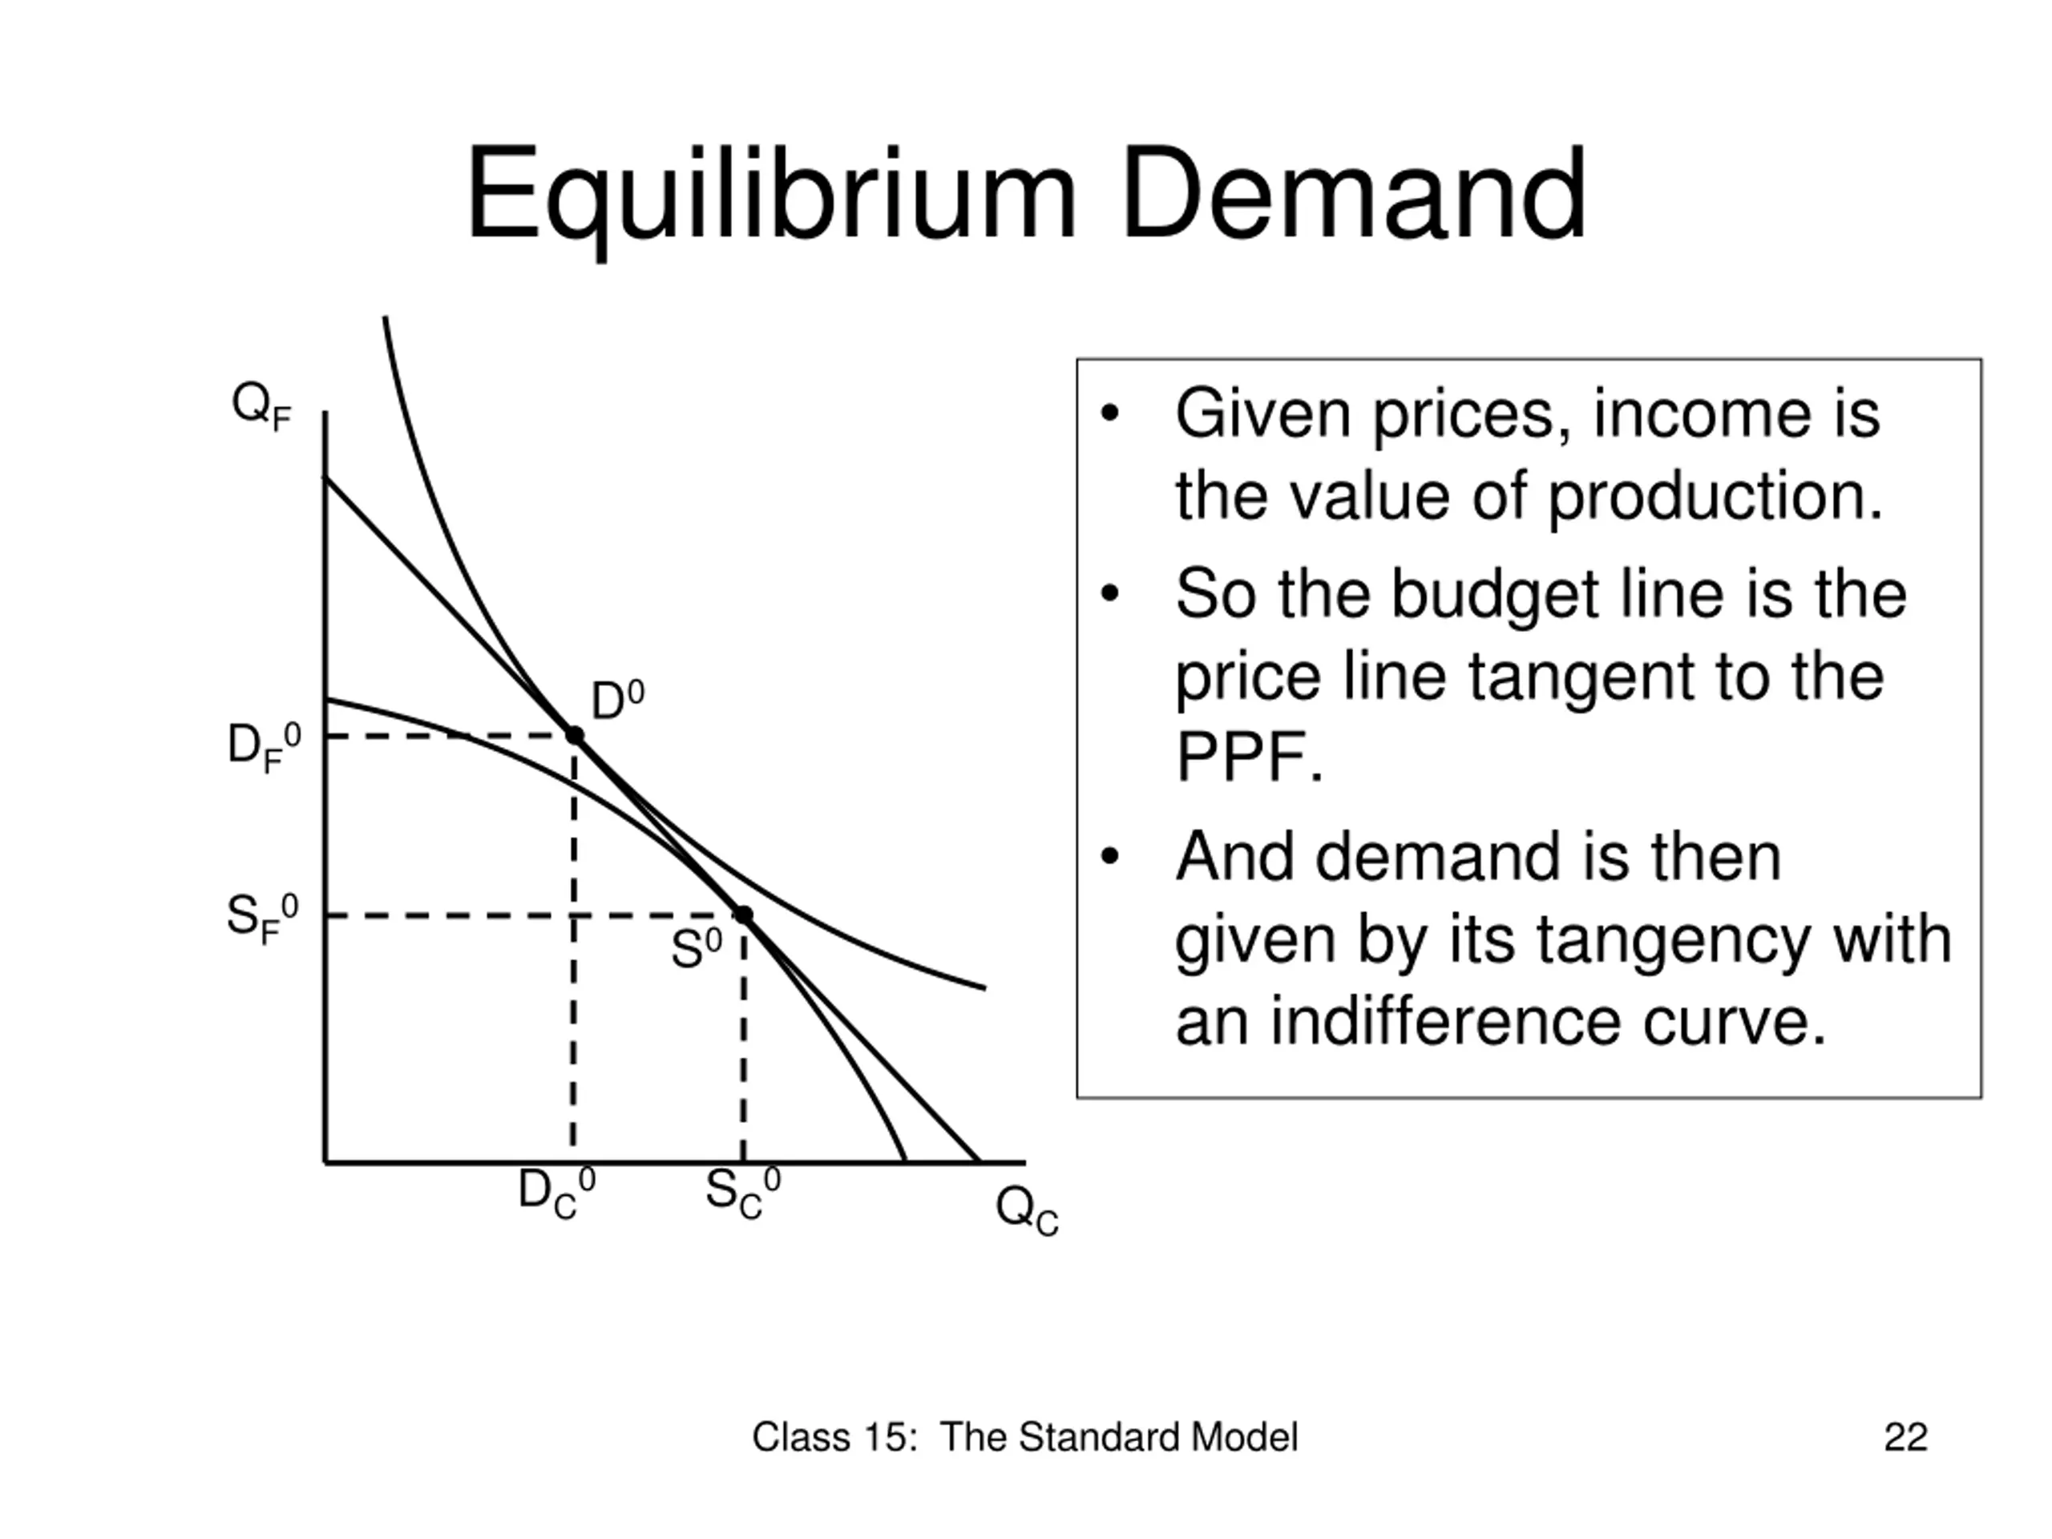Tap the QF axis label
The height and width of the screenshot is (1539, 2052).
(x=261, y=406)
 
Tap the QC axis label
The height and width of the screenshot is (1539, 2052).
(x=1027, y=1210)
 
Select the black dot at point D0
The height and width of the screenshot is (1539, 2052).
(x=574, y=736)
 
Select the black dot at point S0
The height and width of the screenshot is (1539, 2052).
(x=743, y=915)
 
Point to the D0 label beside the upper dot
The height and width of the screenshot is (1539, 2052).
(x=618, y=701)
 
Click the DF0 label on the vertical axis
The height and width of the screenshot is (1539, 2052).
(x=265, y=748)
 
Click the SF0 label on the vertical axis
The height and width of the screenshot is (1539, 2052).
(x=264, y=919)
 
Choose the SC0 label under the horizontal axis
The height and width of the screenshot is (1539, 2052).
(x=743, y=1193)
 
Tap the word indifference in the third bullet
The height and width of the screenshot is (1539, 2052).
(x=1446, y=1021)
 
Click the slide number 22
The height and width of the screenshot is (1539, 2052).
(x=1905, y=1437)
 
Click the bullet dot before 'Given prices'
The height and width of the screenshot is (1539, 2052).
(x=1109, y=414)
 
